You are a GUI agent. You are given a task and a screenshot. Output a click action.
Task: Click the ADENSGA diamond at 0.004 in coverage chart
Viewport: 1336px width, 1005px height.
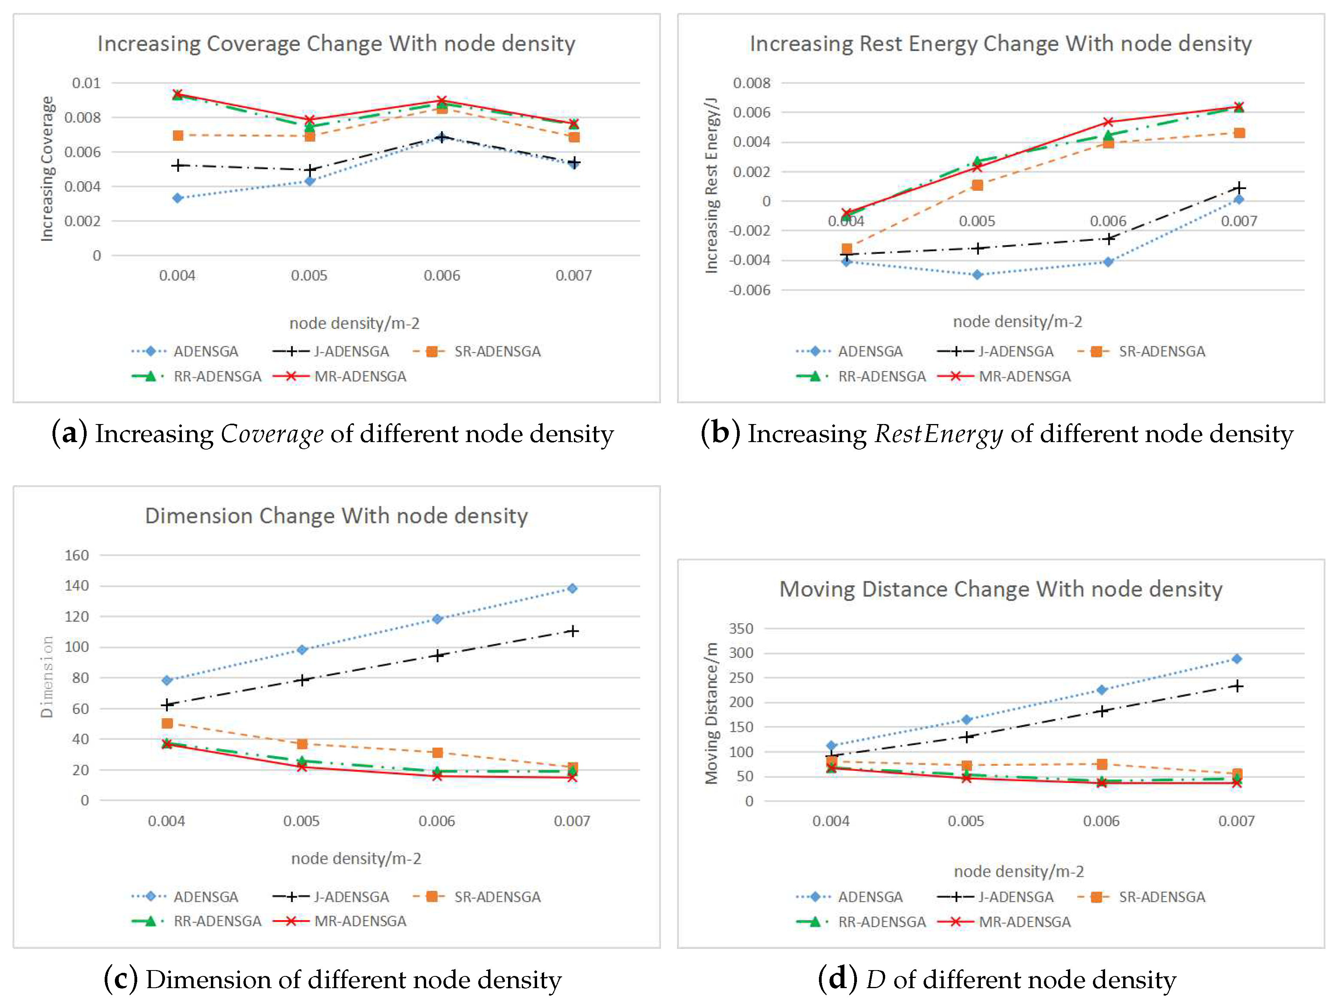178,198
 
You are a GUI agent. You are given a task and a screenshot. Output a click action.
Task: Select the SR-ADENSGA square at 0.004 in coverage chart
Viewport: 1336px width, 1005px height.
178,135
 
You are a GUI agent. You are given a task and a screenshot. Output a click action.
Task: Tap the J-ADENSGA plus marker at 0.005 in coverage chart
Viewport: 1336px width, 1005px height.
310,170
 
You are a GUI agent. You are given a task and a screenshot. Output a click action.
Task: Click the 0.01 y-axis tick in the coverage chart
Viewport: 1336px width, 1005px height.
86,83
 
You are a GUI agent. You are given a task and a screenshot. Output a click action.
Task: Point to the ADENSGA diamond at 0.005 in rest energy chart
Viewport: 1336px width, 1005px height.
977,275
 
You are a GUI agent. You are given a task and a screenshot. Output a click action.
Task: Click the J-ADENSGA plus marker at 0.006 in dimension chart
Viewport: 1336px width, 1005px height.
437,656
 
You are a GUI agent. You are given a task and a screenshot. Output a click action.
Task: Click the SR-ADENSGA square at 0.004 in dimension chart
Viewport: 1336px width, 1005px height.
167,723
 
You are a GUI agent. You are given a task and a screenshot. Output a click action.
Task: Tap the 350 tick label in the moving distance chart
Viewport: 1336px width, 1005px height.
741,628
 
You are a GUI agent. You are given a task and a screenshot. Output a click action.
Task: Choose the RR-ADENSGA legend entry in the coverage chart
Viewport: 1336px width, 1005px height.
217,377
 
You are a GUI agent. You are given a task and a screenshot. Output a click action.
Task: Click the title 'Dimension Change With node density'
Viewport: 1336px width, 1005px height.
336,516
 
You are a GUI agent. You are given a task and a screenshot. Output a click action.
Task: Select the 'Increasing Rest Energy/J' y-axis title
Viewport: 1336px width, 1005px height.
712,185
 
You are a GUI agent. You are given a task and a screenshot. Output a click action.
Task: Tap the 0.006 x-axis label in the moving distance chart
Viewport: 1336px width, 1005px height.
1100,821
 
